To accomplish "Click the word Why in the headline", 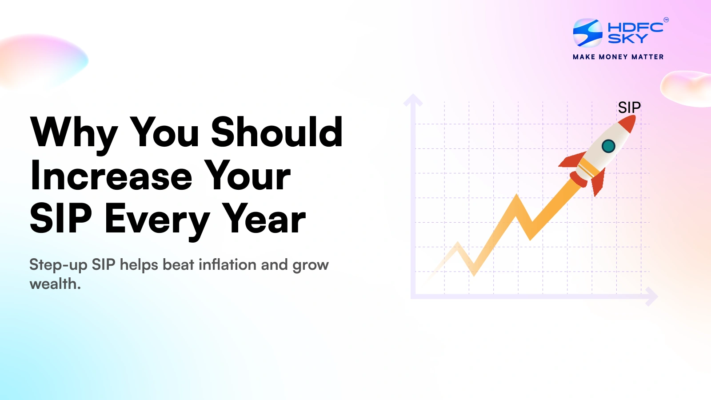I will (x=74, y=132).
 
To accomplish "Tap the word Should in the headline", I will (x=276, y=132).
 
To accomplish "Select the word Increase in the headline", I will (x=111, y=176).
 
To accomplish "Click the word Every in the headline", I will (x=157, y=219).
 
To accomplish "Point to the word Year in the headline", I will (x=264, y=219).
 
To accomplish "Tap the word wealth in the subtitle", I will (x=54, y=284).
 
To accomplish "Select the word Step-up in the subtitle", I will (x=58, y=265).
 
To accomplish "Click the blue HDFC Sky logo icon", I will (x=587, y=33).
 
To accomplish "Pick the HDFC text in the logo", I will (x=635, y=27).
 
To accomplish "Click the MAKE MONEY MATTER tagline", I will (x=618, y=57).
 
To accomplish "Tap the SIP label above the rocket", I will (x=629, y=108).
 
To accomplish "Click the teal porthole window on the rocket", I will (x=608, y=146).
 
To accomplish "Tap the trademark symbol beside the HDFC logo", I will (x=666, y=20).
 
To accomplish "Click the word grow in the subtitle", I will (x=310, y=265).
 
